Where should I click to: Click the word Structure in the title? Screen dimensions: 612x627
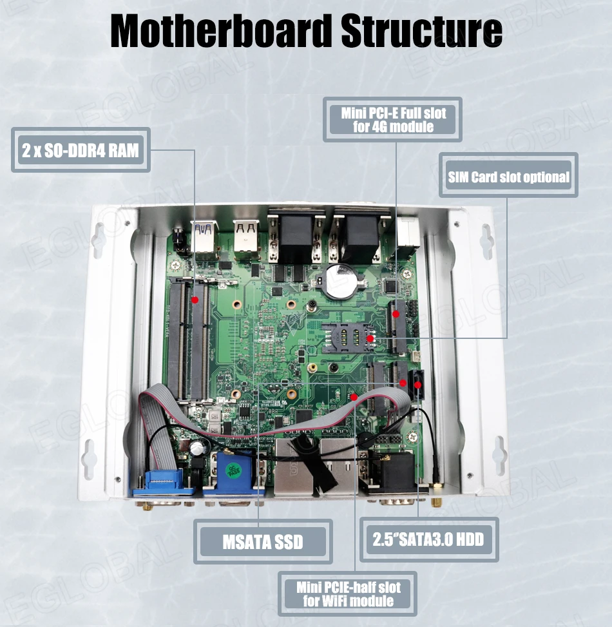tap(421, 30)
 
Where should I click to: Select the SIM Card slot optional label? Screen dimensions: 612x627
tap(508, 176)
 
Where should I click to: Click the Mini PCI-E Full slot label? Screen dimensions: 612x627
tap(393, 120)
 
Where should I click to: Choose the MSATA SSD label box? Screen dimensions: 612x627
tap(263, 541)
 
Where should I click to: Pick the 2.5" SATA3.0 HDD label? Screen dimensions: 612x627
tap(428, 539)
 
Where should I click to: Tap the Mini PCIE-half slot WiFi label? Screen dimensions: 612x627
tap(348, 594)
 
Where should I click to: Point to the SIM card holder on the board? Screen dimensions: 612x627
tap(345, 336)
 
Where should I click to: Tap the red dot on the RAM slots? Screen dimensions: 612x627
tap(195, 300)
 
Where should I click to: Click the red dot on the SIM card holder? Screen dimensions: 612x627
tap(370, 338)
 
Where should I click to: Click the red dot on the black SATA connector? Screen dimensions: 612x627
tap(418, 385)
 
